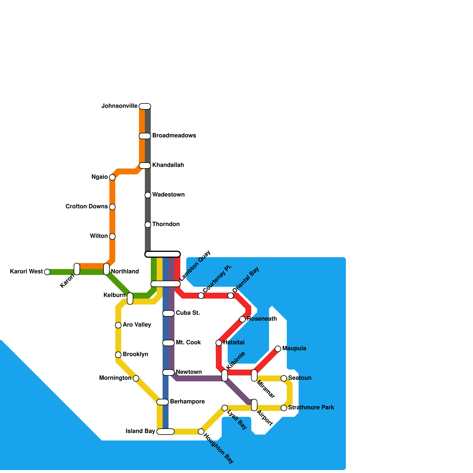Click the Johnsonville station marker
(145, 106)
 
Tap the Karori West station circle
(47, 272)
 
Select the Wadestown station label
(168, 195)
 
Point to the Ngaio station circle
(112, 177)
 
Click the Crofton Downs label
(87, 207)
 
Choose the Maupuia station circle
(278, 349)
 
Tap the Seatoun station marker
(284, 378)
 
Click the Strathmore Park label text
(311, 408)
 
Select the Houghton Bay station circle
(201, 432)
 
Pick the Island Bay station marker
(166, 432)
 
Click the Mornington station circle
(136, 378)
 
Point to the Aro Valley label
(137, 325)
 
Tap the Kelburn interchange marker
(130, 299)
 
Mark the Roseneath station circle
(242, 319)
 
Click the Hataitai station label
(234, 343)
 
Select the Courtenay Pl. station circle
(201, 296)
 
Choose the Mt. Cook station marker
(169, 343)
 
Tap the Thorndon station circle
(148, 225)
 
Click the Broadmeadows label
(174, 136)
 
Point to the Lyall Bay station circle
(225, 408)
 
